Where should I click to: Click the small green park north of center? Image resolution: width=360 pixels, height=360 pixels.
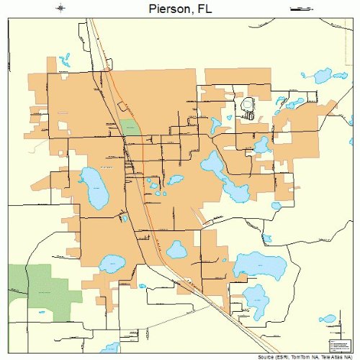130,127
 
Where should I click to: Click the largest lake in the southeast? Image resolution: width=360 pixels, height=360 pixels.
259,266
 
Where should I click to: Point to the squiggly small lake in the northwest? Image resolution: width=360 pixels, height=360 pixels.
64,57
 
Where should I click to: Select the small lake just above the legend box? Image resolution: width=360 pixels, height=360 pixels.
328,318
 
